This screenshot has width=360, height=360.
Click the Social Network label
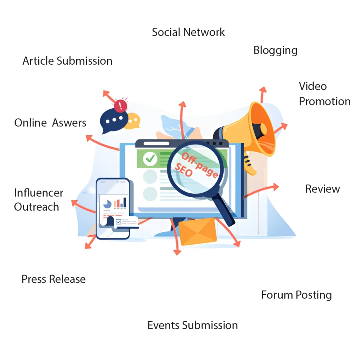[188, 32]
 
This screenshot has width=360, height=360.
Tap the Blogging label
[275, 51]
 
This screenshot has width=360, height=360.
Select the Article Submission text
[67, 61]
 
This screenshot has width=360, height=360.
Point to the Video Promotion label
[324, 94]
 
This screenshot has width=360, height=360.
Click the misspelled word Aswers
[69, 123]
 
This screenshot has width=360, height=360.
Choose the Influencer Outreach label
[39, 200]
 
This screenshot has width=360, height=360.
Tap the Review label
[322, 189]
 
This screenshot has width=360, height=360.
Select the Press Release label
[53, 279]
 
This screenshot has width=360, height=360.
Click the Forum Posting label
[296, 295]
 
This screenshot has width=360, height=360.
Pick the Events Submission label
[192, 325]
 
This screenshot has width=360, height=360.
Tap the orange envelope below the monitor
[197, 231]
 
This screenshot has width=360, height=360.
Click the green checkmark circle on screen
[150, 159]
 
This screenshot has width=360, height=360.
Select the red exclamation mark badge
[121, 105]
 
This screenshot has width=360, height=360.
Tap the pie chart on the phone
[107, 204]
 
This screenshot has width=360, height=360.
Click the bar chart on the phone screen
[121, 202]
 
